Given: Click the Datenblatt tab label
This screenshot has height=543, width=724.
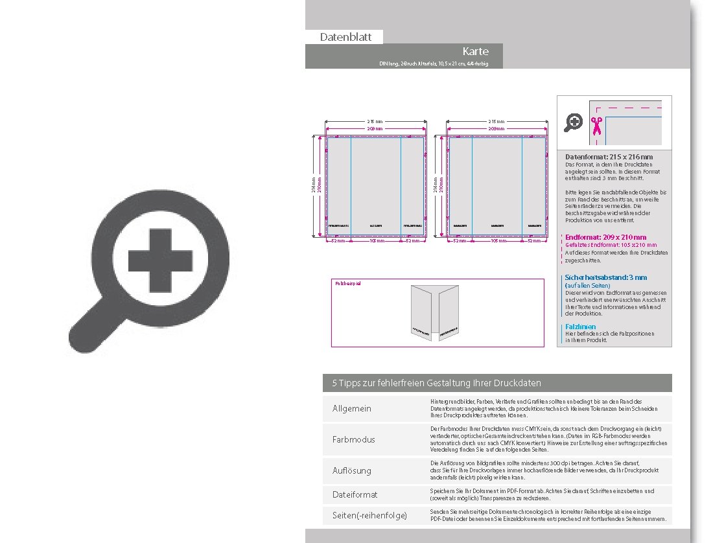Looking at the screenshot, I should coord(345,37).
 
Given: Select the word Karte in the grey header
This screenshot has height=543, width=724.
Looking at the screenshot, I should coord(475,51).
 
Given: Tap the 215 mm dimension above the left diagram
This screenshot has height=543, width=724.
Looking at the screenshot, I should coord(375,122).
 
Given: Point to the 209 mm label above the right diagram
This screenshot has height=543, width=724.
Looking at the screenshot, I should coord(496,129).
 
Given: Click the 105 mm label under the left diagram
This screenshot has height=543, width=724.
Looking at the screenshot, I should coord(376,241).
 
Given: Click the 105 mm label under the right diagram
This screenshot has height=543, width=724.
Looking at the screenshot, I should coord(498,241).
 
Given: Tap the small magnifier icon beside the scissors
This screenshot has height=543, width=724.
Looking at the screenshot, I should coord(573,122).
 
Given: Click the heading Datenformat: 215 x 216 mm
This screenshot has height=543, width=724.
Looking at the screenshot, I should coord(609,157).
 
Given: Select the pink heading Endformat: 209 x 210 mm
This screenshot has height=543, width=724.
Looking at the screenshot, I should coord(605,237).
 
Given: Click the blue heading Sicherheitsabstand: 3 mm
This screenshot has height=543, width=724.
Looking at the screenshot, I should coord(605,277).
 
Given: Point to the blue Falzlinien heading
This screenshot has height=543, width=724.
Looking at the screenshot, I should coord(580,327).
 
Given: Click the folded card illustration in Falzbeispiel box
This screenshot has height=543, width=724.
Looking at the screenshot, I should coord(430,312).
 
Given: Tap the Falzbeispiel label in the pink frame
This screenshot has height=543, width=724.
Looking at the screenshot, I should coord(347,284).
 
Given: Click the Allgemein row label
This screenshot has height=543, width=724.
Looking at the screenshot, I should coord(351,409).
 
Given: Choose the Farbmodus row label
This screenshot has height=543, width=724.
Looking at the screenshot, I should coord(353,439).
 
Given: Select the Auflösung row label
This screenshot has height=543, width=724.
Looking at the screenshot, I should coord(351,470).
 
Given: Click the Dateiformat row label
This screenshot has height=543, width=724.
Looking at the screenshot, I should coord(355,494).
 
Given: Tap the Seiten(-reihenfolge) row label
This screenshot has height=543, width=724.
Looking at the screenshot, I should coord(369,515).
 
